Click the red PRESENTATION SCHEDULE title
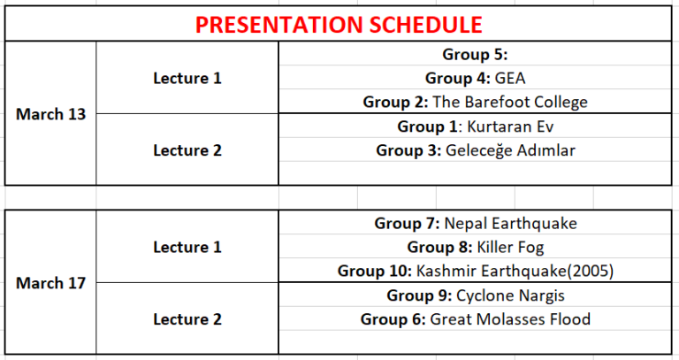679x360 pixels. click(x=339, y=24)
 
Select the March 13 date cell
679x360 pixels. click(x=50, y=114)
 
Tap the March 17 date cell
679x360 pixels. click(x=50, y=283)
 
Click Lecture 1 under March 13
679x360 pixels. click(x=187, y=79)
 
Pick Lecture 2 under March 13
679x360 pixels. click(x=187, y=150)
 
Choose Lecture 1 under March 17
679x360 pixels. click(x=187, y=248)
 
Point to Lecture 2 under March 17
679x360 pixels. click(x=187, y=319)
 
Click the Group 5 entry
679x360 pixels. click(x=475, y=55)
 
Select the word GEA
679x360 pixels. click(x=510, y=79)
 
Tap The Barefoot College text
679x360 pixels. click(x=510, y=103)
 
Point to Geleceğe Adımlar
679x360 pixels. click(x=510, y=150)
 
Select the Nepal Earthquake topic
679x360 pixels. click(x=510, y=224)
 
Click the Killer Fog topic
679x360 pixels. click(x=510, y=248)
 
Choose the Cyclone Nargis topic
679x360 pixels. click(x=510, y=296)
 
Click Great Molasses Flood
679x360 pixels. click(x=510, y=319)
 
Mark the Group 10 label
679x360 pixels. click(x=375, y=272)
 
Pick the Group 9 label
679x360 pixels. click(x=419, y=296)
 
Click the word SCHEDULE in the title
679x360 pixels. click(x=425, y=24)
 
